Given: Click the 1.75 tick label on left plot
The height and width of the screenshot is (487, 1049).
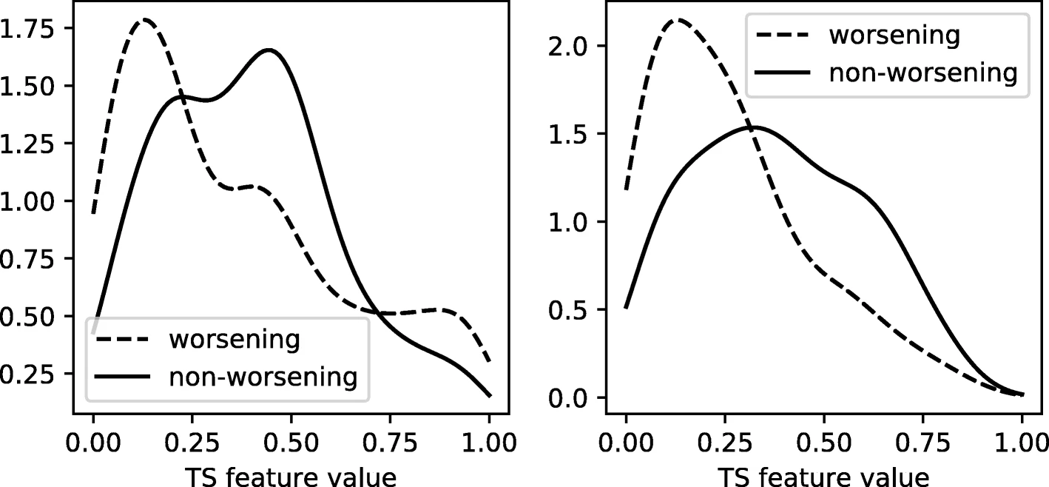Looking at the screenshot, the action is [x=27, y=29].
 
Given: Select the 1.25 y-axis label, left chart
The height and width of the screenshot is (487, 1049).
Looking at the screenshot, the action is [x=27, y=144].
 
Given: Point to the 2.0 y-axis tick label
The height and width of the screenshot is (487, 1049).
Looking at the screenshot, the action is [x=567, y=47].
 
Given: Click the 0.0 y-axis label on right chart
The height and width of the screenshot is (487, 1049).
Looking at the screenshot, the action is [x=567, y=398].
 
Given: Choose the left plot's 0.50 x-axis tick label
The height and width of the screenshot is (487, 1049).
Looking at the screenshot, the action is [x=291, y=443].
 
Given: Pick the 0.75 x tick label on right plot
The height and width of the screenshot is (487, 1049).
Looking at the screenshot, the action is [x=923, y=443].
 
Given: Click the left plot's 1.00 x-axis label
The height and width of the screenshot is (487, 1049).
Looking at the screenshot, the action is [x=490, y=443].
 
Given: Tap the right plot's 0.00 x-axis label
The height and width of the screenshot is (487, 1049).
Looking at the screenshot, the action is [x=626, y=443].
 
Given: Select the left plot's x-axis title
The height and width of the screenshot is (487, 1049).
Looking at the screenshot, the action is [x=291, y=477].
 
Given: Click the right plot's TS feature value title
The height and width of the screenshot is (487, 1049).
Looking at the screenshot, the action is [x=824, y=477].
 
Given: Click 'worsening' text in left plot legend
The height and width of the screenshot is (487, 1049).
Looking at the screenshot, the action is [x=235, y=340].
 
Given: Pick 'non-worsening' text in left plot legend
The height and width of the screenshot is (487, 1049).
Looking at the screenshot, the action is [x=263, y=377].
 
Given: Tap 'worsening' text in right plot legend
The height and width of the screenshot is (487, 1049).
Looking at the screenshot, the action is [x=894, y=35].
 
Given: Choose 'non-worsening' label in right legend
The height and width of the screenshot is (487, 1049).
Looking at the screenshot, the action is [x=923, y=73].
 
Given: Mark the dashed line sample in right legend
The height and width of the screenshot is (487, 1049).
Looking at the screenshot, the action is [x=782, y=35].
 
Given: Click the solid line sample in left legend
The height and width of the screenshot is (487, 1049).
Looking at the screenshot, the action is [x=122, y=377].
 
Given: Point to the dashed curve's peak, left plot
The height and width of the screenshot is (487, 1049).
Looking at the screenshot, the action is [x=145, y=20].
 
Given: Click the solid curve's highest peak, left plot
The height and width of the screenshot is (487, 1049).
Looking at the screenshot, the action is [x=269, y=50].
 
